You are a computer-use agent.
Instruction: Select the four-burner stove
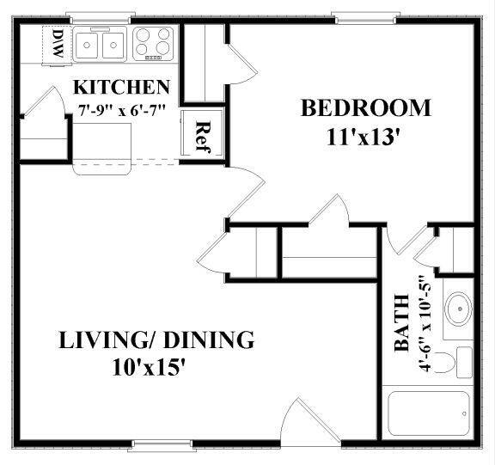(155, 42)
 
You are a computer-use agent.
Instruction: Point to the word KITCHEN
(120, 88)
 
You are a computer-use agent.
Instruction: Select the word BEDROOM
(364, 108)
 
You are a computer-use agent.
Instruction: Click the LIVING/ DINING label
(156, 340)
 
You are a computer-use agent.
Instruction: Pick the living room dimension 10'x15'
(149, 368)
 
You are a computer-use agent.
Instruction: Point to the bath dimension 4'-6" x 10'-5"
(423, 322)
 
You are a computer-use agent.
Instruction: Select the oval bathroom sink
(458, 307)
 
